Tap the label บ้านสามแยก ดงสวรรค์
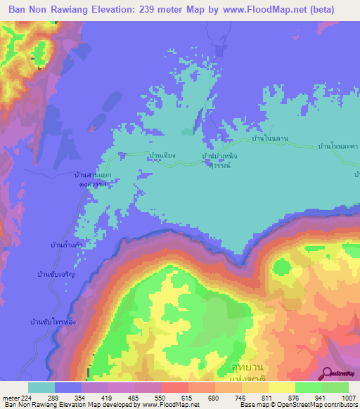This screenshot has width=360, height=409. [93, 178]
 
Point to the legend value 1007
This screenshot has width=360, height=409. [349, 396]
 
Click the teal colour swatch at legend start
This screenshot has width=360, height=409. [41, 387]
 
